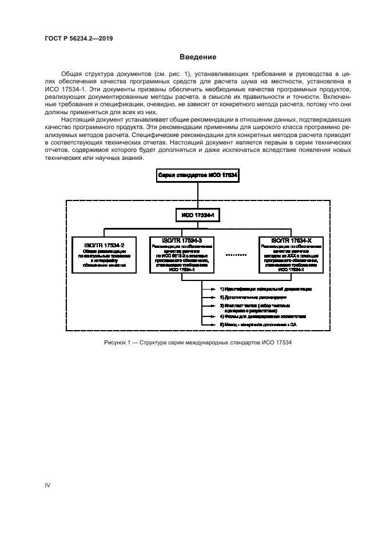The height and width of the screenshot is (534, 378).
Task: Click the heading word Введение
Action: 198,57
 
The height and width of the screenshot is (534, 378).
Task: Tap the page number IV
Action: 47,485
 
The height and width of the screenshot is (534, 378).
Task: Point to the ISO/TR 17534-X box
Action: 292,254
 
